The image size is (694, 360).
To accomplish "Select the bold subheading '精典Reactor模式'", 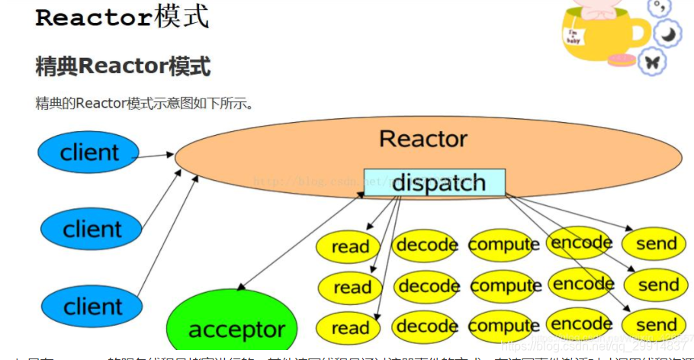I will (x=123, y=66).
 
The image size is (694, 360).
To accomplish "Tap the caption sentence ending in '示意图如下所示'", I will (x=144, y=103).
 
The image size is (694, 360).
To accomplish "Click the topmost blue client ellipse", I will (x=89, y=153).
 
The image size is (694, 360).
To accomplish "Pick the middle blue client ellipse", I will (x=92, y=229).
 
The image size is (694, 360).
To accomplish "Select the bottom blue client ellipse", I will (x=92, y=307).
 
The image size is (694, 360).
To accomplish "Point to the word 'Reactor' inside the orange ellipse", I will (x=423, y=139).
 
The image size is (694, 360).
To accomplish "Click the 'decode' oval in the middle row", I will (x=428, y=286).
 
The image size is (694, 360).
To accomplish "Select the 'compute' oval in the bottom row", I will (x=504, y=326).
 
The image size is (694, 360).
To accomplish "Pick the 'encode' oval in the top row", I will (x=581, y=243).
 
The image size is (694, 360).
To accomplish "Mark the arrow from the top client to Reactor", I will (x=156, y=156).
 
